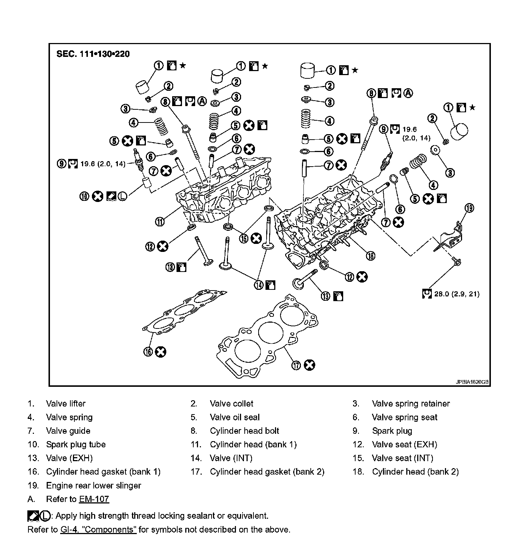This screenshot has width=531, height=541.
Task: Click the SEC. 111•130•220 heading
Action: (x=93, y=54)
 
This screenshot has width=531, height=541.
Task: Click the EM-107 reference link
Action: (x=94, y=499)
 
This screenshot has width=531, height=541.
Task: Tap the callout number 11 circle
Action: (x=160, y=221)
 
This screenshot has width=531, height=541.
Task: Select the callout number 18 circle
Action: (x=370, y=256)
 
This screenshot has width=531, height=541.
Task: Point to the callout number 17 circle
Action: (x=296, y=365)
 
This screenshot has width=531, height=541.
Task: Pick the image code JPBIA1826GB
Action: (x=472, y=382)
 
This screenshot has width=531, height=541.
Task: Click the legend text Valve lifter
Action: (x=66, y=404)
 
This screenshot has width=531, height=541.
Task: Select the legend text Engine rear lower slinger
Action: (x=93, y=486)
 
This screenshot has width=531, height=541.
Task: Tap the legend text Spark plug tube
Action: (x=76, y=445)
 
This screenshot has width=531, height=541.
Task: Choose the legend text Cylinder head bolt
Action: (x=244, y=431)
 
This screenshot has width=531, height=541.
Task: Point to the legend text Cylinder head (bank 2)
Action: (x=415, y=472)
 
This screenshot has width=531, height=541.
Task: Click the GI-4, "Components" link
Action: (x=98, y=529)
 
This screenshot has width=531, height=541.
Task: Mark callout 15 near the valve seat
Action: (x=244, y=238)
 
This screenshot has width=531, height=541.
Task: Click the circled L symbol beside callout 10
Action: (x=122, y=196)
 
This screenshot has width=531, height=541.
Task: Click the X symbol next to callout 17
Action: (x=309, y=365)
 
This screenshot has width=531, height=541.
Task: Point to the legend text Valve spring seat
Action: (x=404, y=417)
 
